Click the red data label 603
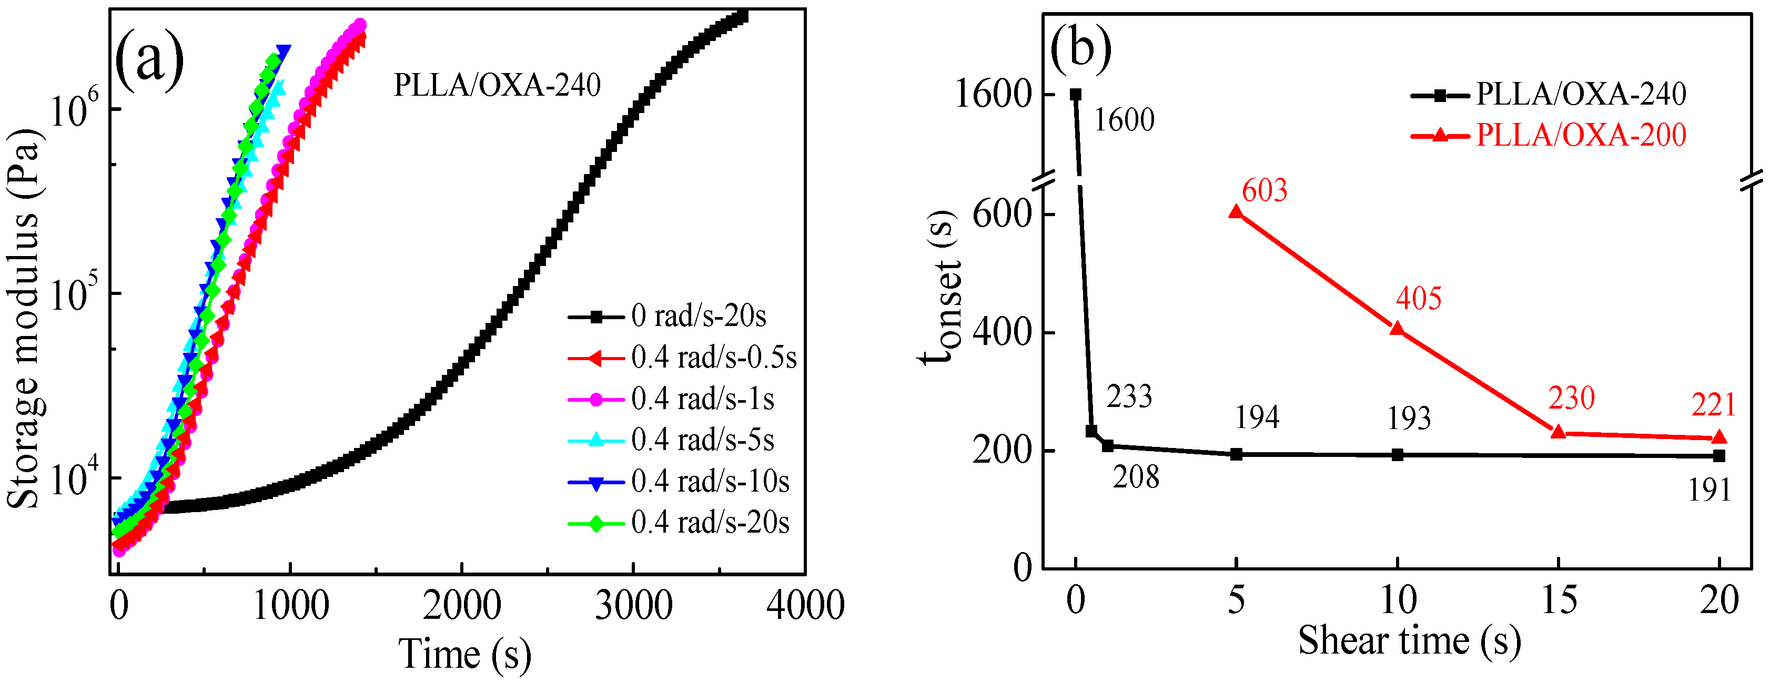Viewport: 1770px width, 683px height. point(1265,191)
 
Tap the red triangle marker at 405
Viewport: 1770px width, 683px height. point(1397,329)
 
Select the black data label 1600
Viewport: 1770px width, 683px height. point(1124,121)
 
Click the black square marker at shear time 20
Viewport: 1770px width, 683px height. point(1719,455)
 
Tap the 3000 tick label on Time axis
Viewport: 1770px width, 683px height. point(633,606)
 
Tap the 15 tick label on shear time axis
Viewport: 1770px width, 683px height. point(1559,601)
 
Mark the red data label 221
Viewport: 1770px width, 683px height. point(1714,405)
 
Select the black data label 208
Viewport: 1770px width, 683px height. point(1136,477)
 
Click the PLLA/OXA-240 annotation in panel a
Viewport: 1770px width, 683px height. point(497,86)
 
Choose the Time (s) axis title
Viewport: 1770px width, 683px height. point(464,654)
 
